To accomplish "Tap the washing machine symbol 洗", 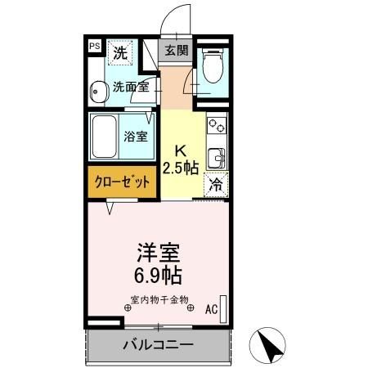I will coord(120,55).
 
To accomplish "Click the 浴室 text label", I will coord(137,136).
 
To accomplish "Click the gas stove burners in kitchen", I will coord(218,126).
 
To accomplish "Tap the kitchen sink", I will coord(218,156).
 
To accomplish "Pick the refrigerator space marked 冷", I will coord(215,186).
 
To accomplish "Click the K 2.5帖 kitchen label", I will coord(179,160).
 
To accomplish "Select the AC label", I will coord(211,309).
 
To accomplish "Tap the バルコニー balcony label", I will coord(159,344).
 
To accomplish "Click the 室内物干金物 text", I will coord(159,298).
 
